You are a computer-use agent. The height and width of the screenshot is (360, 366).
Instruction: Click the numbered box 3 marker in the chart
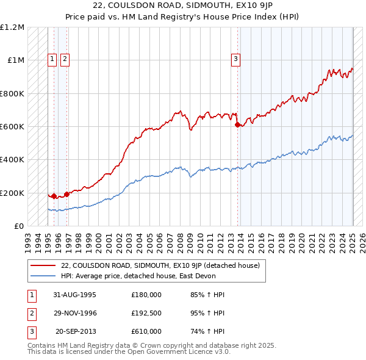pos(235,59)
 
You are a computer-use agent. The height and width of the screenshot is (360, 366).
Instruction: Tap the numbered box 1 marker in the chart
pos(52,59)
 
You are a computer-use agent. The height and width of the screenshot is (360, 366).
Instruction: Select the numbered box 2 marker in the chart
pos(65,59)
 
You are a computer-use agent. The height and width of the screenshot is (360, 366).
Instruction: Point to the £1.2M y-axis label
pos(12,27)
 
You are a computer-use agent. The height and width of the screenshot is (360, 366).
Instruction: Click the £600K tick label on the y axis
pos(12,127)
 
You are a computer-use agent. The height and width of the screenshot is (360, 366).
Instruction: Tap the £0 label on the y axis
pos(20,226)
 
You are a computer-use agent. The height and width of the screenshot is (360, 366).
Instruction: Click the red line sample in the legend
pos(42,265)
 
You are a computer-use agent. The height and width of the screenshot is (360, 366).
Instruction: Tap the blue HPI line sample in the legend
pos(42,276)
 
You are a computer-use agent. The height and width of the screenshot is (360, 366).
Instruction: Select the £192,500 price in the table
pos(146,313)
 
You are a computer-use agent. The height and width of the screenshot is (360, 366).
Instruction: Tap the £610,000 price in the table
pos(146,331)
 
